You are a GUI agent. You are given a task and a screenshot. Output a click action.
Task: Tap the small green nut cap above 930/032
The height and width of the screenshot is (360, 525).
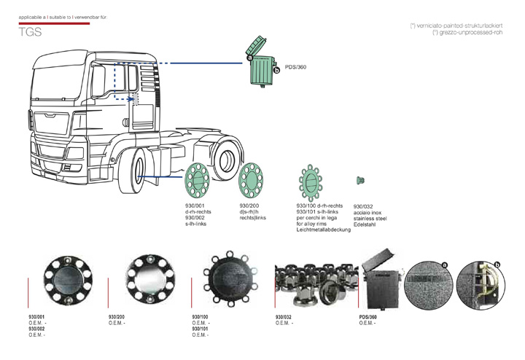click(x=359, y=180)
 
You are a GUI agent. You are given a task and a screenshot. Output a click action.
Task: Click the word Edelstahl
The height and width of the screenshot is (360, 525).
click(x=366, y=224)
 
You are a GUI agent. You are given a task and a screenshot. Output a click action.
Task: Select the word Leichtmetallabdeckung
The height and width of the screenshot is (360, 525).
click(x=324, y=230)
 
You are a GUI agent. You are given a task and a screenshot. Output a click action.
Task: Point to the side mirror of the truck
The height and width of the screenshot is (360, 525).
click(x=99, y=82)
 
